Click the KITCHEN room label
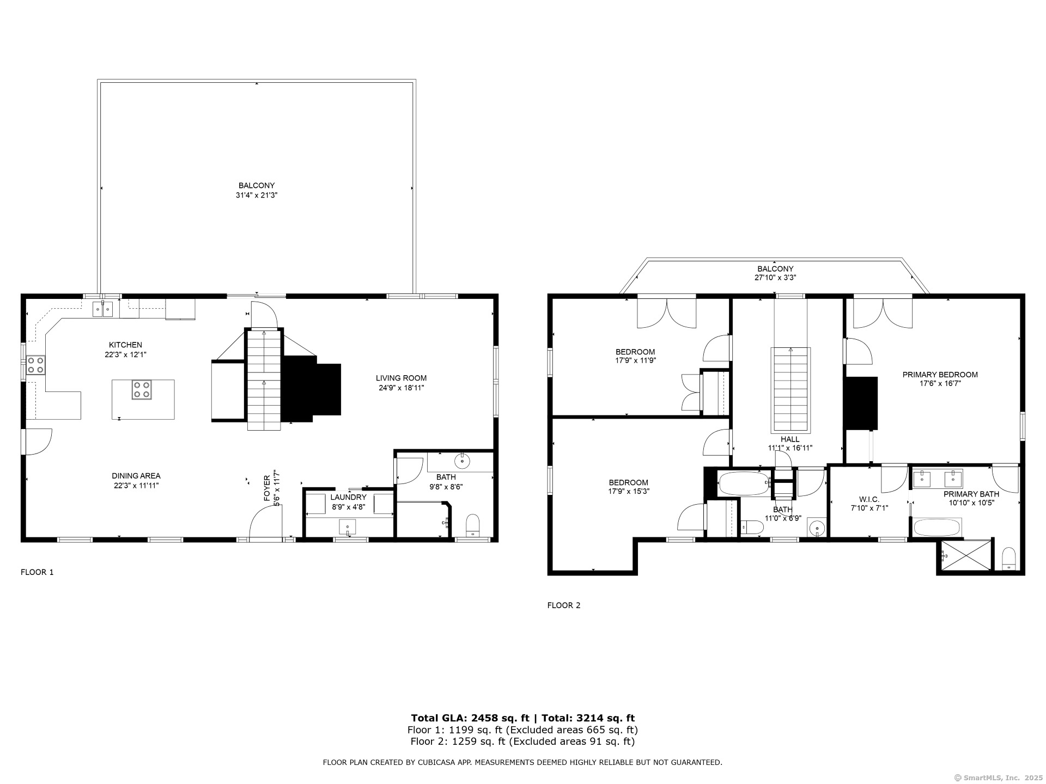coord(125,345)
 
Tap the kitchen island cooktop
coord(142,390)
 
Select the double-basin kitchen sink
coord(102,309)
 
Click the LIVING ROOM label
coord(401,378)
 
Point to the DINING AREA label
coord(136,476)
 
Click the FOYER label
coord(267,488)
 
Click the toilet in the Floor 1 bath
coord(473,525)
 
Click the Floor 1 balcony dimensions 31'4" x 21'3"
coord(257,195)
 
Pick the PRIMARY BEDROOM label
coord(940,375)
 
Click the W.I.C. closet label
coord(869,499)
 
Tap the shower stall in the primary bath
coord(965,555)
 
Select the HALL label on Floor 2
coord(790,439)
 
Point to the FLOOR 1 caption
coord(37,572)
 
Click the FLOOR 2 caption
coord(564,605)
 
